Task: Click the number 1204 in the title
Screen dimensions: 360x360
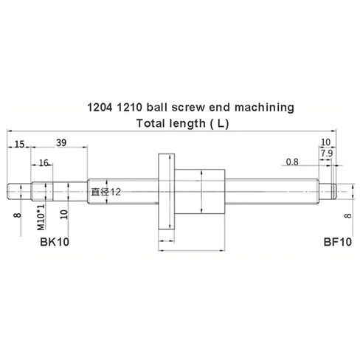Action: click(100, 108)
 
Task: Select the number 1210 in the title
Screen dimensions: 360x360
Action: click(131, 108)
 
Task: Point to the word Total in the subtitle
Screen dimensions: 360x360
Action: click(152, 123)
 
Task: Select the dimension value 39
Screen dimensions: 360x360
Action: click(63, 143)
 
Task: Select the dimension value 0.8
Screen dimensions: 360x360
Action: click(292, 162)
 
